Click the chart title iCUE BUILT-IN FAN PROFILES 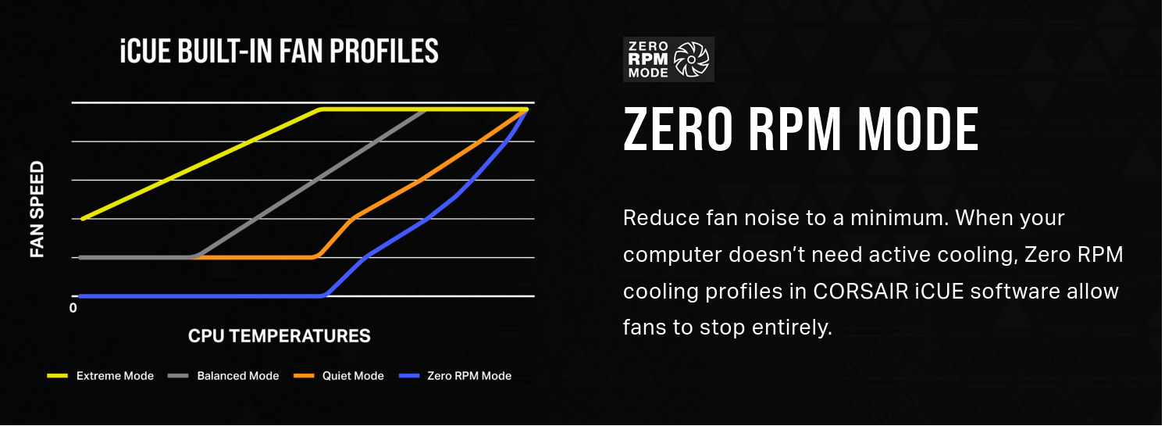coord(280,51)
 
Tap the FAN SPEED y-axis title coord(37,209)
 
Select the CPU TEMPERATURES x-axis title coord(280,336)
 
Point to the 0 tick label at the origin coord(73,308)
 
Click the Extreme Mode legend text coord(115,376)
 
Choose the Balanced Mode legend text coord(237,376)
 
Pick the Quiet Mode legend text coord(353,376)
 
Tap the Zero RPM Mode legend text coord(469,376)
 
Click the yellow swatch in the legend coord(57,375)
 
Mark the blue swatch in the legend coord(409,375)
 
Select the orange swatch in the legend coord(305,375)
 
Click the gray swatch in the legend coord(178,375)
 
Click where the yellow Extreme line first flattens coord(321,109)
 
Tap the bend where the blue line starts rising coord(323,295)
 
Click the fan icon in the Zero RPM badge coord(691,59)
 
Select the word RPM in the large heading coord(795,129)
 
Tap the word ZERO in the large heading coord(678,129)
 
